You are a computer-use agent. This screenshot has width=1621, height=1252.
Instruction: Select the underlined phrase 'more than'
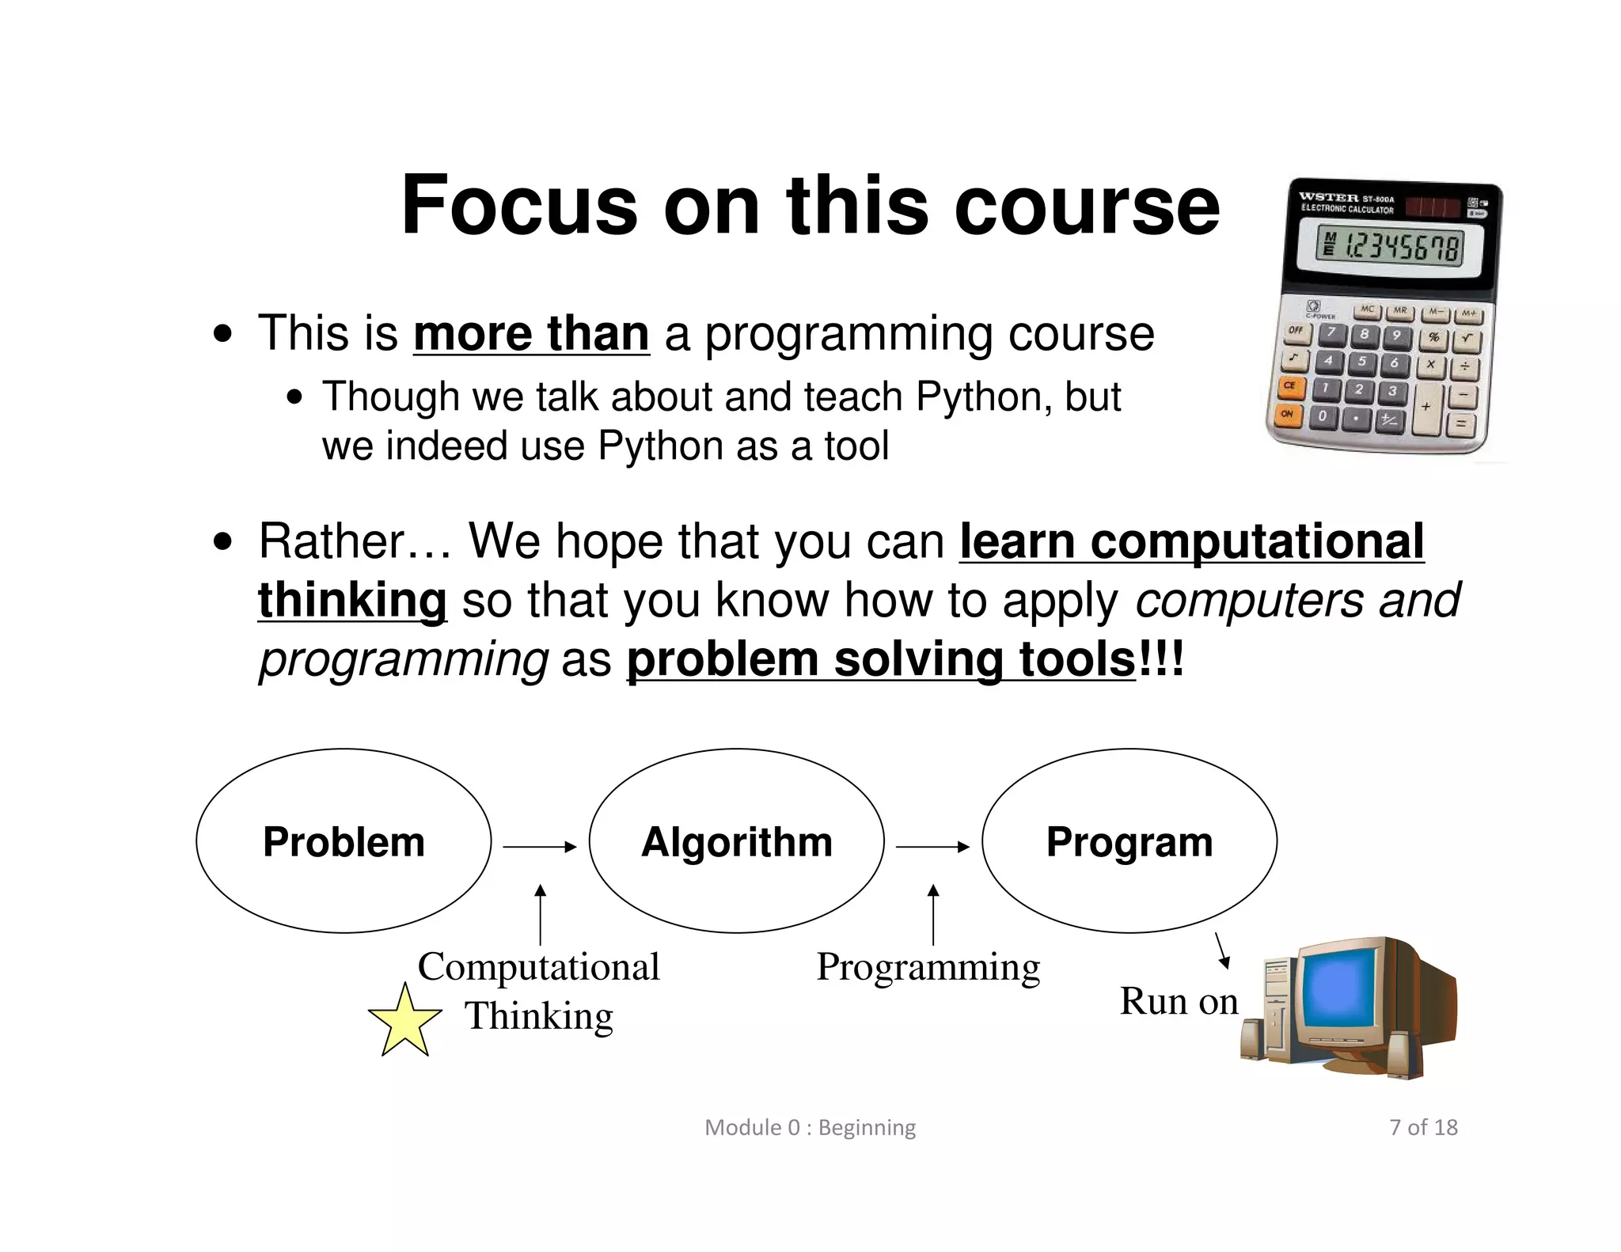(531, 333)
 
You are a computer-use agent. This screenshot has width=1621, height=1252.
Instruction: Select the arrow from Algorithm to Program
(932, 847)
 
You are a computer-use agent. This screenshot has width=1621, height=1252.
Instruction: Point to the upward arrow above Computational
(541, 914)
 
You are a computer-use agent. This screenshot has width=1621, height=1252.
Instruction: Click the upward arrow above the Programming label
(933, 914)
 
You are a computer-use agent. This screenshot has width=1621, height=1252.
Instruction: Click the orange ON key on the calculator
(1288, 414)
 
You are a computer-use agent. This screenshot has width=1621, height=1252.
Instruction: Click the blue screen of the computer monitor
(1338, 988)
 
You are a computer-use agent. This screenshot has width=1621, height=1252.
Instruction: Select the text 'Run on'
(1178, 1001)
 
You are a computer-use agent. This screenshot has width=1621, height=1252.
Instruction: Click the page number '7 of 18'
(1423, 1127)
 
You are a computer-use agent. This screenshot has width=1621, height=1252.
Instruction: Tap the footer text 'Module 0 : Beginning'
(810, 1127)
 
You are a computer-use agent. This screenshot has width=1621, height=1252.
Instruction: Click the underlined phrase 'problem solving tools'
(881, 659)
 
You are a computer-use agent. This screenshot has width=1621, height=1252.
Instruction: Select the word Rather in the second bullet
(332, 541)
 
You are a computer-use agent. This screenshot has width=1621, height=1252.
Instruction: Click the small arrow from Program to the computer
(1222, 950)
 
